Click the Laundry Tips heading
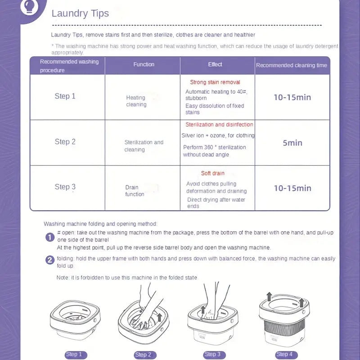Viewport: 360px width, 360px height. pos(80,13)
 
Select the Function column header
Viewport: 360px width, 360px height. pos(144,64)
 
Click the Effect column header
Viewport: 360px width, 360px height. pos(215,64)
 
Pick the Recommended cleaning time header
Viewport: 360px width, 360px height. pos(292,65)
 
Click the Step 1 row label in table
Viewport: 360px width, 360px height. pos(65,96)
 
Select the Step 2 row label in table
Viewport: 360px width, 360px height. pos(65,142)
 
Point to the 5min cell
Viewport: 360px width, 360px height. pos(292,143)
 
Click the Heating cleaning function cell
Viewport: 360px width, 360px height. pos(136,101)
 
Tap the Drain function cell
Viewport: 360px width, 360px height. pos(135,191)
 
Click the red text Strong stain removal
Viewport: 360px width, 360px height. pos(215,82)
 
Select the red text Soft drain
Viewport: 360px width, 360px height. pos(213,173)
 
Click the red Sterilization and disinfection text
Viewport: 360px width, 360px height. pos(219,125)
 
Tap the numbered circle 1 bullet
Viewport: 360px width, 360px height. pos(50,237)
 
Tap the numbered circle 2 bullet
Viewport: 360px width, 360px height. pos(50,260)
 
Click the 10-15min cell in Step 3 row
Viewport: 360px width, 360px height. pos(292,188)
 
